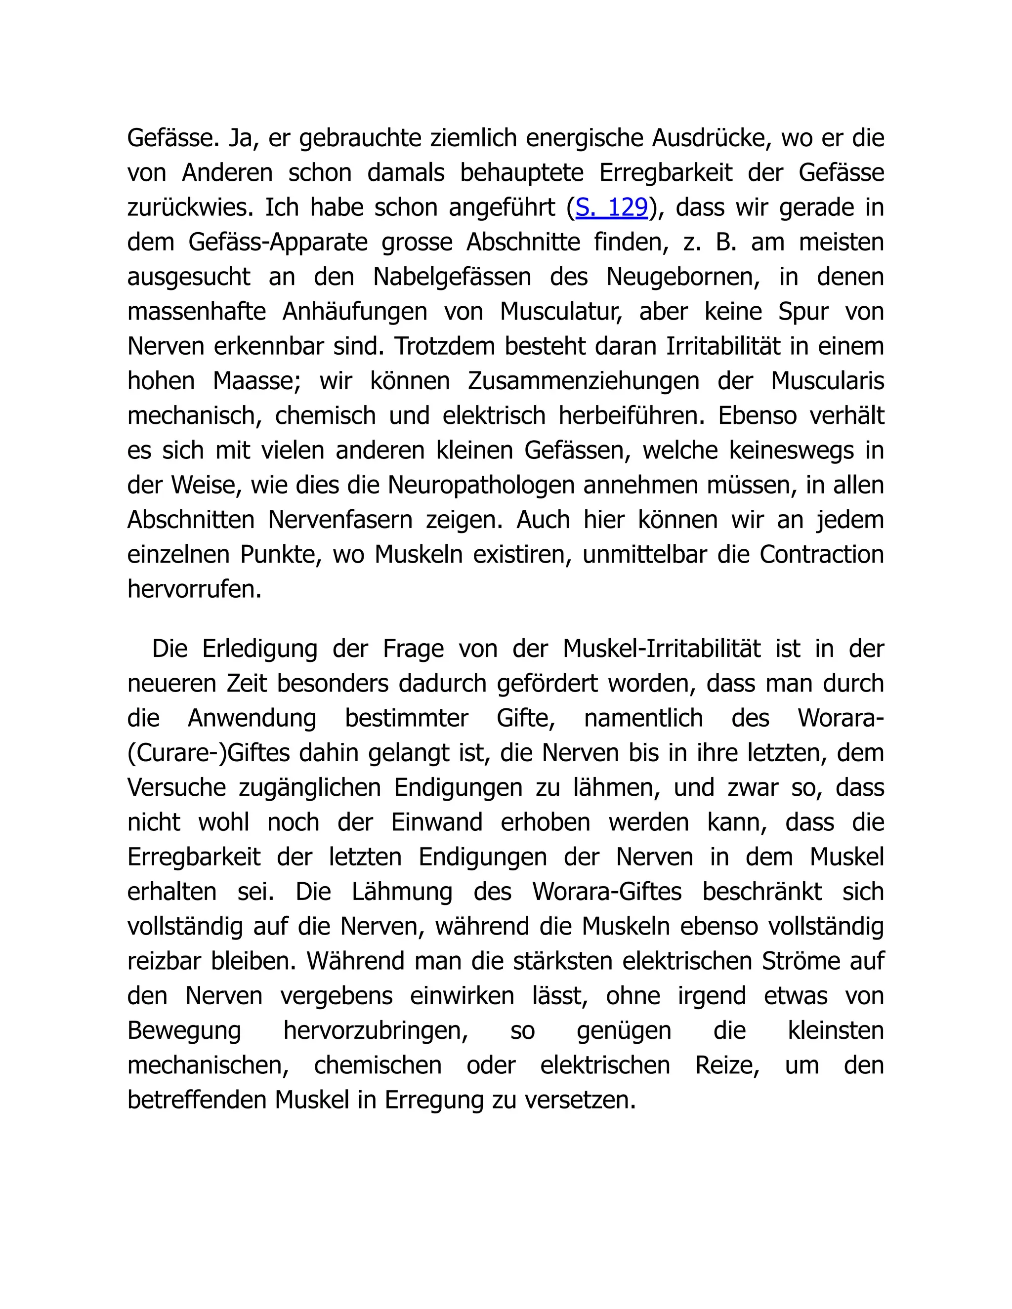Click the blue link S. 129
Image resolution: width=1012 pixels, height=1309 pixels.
(x=612, y=207)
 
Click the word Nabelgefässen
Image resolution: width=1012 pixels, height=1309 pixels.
(x=452, y=277)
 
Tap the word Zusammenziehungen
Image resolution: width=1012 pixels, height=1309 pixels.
(x=584, y=381)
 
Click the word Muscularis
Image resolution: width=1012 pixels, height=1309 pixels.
(x=827, y=381)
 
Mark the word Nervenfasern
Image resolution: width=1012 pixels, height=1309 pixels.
(x=340, y=520)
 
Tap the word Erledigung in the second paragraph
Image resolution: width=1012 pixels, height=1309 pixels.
(x=259, y=649)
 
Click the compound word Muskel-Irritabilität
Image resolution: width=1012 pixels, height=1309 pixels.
(x=662, y=649)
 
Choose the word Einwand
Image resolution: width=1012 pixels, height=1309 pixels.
(x=436, y=823)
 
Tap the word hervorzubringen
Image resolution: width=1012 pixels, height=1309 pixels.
(x=376, y=1031)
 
